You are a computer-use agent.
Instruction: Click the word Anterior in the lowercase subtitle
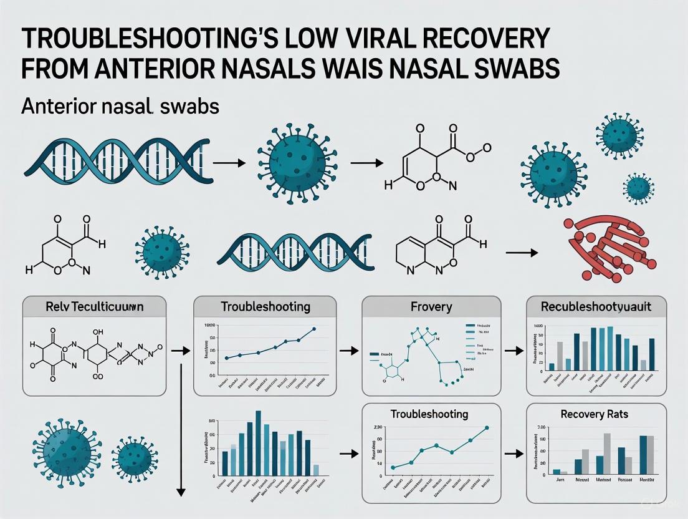57,107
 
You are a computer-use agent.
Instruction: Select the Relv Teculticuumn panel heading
95,307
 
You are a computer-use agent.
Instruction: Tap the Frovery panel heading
431,307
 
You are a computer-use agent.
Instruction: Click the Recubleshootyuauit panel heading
596,307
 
